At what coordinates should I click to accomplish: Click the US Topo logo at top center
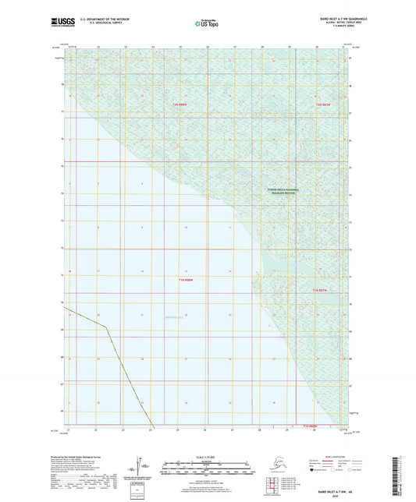click(207, 24)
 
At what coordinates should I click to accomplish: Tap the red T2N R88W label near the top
click(181, 104)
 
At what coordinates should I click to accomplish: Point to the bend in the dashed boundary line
click(108, 327)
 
